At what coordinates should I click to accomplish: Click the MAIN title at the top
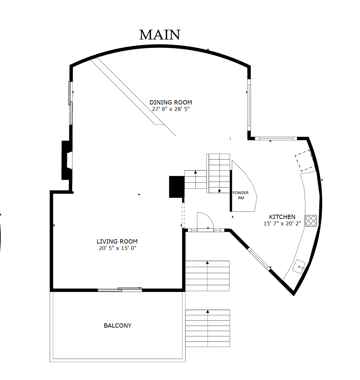[160, 35]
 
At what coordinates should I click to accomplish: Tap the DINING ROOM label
[171, 103]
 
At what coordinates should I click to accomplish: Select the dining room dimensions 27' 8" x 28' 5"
[171, 109]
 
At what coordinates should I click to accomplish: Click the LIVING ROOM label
[117, 242]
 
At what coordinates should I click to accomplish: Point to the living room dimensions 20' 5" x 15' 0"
[118, 248]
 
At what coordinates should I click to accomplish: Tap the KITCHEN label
[282, 217]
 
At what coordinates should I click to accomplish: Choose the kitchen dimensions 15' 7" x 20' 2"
[282, 223]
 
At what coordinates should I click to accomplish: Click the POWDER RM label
[240, 195]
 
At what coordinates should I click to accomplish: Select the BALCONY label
[118, 325]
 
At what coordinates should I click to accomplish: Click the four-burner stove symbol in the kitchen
[311, 221]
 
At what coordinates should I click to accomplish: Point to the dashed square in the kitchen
[305, 160]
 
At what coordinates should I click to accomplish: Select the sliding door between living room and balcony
[120, 289]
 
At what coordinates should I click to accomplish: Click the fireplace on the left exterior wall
[67, 160]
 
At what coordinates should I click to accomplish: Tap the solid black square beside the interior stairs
[177, 187]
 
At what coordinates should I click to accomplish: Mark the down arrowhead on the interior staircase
[219, 191]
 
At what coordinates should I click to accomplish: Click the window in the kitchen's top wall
[276, 139]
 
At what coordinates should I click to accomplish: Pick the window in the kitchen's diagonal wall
[259, 259]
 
